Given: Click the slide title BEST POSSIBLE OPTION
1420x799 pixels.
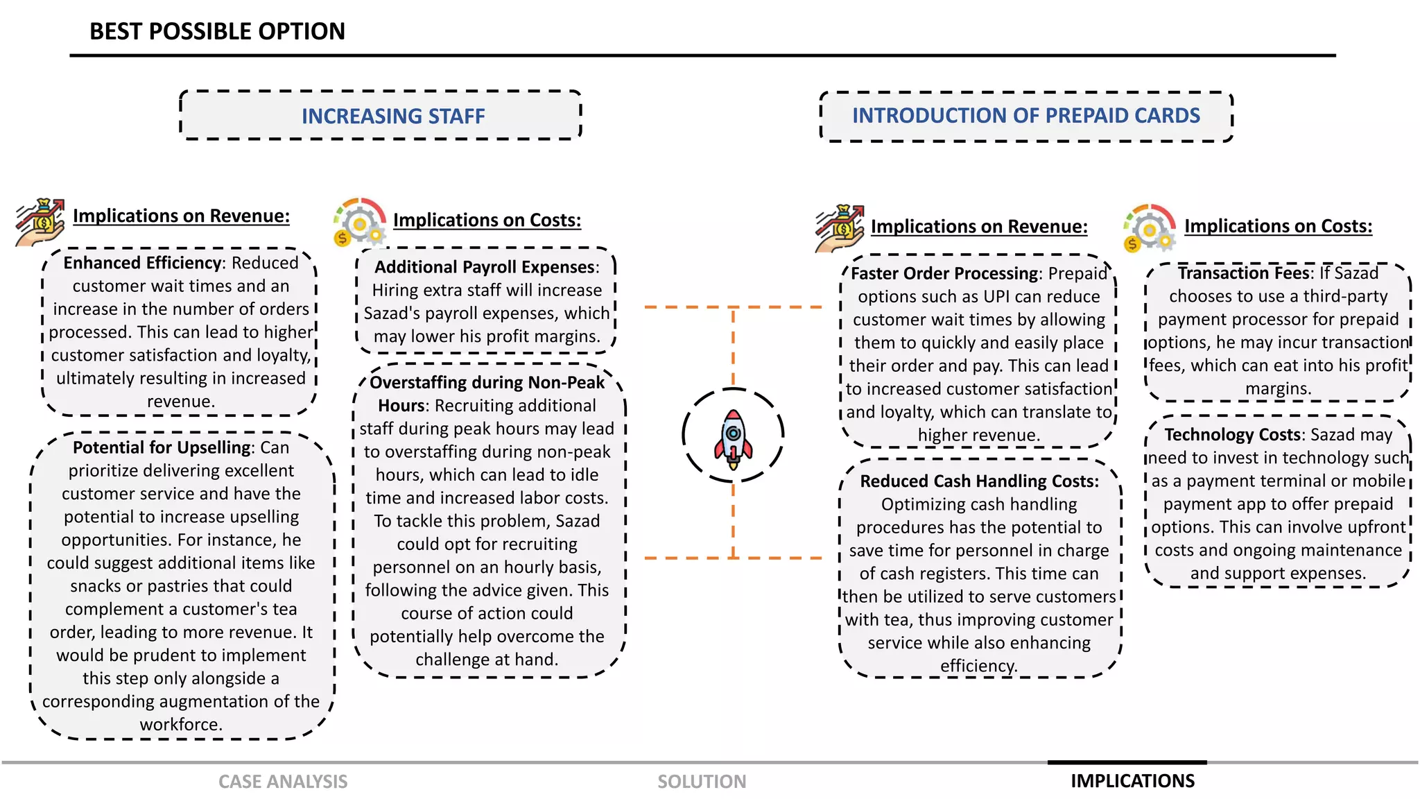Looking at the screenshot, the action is pyautogui.click(x=217, y=31).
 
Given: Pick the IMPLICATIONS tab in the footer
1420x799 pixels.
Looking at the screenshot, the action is pyautogui.click(x=1132, y=781).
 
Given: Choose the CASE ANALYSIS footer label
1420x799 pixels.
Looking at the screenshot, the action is pyautogui.click(x=283, y=782).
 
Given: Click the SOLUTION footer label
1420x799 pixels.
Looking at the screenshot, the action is pyautogui.click(x=702, y=782).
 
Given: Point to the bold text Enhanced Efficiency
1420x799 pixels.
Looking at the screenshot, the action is pyautogui.click(x=142, y=263).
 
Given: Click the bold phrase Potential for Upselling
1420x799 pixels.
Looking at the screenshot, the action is pyautogui.click(x=162, y=447).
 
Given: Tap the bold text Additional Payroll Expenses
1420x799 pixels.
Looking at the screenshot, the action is pyautogui.click(x=485, y=267).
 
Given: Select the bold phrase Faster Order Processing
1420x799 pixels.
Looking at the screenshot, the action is pyautogui.click(x=944, y=273).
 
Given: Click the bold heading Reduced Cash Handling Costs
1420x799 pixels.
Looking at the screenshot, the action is pyautogui.click(x=979, y=481).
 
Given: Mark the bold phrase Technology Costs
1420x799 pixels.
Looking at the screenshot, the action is pyautogui.click(x=1232, y=434).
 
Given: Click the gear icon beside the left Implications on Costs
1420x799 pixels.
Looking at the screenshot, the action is pyautogui.click(x=359, y=222).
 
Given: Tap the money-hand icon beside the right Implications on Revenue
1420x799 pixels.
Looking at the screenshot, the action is pyautogui.click(x=840, y=228).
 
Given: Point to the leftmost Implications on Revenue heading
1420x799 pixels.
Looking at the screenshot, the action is pyautogui.click(x=181, y=216).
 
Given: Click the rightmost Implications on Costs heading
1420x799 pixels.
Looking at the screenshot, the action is pyautogui.click(x=1278, y=226).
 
